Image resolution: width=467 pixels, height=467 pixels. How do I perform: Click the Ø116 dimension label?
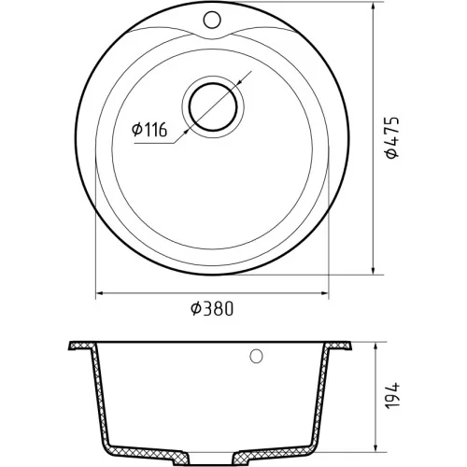click(x=149, y=130)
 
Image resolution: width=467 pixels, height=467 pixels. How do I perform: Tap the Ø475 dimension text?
click(x=391, y=137)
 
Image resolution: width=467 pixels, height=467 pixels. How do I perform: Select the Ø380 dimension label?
click(x=212, y=309)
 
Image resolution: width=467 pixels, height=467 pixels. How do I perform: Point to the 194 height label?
click(x=391, y=395)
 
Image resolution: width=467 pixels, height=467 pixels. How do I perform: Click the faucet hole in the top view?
click(x=212, y=20)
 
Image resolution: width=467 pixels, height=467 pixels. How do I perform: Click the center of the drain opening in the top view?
click(x=213, y=106)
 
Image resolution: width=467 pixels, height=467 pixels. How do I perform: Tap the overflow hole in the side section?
click(x=256, y=356)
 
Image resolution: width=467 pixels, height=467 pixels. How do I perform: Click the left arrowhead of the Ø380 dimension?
click(x=100, y=293)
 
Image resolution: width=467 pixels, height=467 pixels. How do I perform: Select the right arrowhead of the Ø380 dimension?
click(x=325, y=293)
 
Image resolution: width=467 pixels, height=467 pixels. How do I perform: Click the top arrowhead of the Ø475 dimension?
click(x=373, y=6)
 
